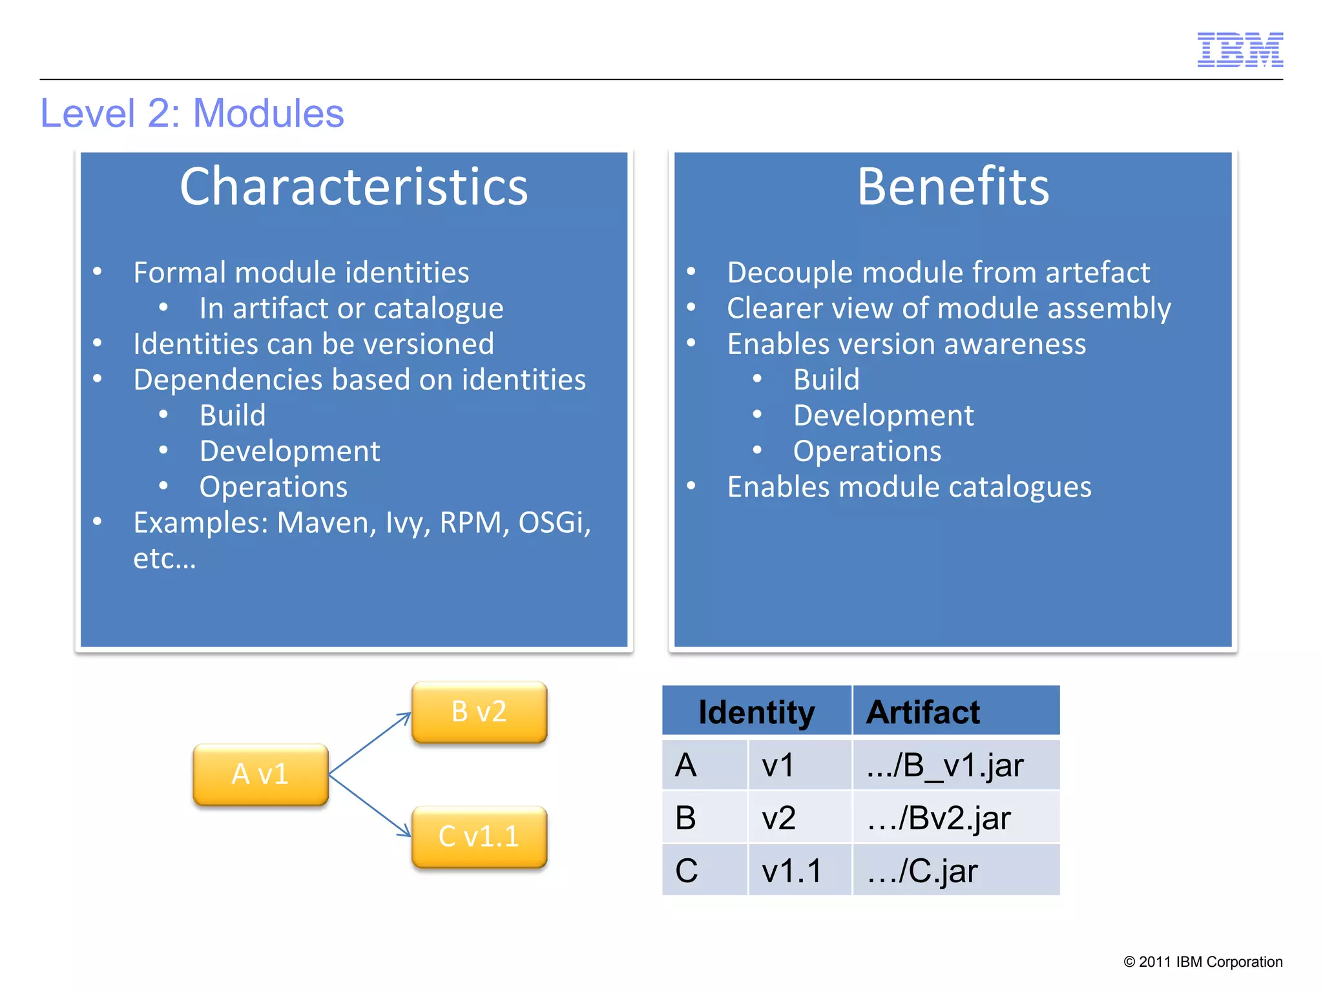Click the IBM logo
1240,50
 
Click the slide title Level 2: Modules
192,114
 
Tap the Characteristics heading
353,187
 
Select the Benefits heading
953,187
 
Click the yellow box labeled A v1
260,774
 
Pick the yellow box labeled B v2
479,712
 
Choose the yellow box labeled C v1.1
479,836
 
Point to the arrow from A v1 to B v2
370,743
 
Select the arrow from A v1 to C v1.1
370,805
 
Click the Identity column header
756,712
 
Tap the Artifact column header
922,712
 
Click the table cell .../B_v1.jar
945,765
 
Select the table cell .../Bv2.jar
939,818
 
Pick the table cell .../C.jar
922,871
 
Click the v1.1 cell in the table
791,871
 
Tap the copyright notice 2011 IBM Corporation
1203,962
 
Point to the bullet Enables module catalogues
909,487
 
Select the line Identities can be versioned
313,344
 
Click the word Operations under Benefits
867,451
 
